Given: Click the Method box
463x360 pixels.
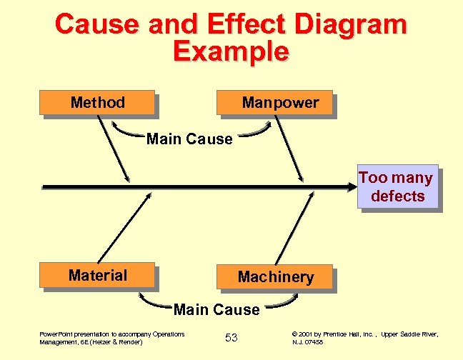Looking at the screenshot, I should click(97, 103).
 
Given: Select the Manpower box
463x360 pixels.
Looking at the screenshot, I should click(276, 103).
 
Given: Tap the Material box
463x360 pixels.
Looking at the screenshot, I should click(98, 276).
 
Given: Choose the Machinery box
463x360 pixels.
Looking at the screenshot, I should click(275, 277).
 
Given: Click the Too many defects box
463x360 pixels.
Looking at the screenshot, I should click(397, 187).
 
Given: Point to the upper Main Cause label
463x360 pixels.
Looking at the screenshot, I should click(189, 139).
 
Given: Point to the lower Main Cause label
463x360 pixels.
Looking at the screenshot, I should click(216, 310).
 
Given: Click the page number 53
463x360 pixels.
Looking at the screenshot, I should click(231, 337).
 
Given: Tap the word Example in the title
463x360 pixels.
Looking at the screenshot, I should click(231, 51).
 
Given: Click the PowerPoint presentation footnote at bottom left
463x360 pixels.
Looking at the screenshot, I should click(111, 338).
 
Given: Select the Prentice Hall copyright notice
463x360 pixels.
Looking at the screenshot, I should click(364, 338).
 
